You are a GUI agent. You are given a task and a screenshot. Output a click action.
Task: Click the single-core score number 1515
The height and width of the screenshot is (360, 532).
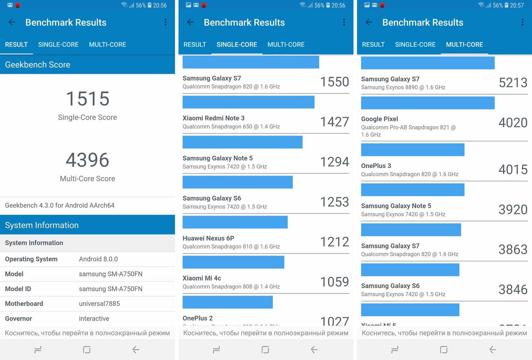click(87, 99)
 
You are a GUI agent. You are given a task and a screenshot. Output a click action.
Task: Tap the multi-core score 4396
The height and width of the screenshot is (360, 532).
click(87, 160)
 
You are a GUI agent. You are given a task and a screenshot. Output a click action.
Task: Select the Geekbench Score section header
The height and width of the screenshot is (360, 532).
click(38, 65)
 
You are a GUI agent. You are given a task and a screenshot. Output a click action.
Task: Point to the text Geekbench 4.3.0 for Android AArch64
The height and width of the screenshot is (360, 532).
click(60, 206)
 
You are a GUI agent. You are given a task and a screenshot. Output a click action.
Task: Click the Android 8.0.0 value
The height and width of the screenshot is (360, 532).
click(98, 259)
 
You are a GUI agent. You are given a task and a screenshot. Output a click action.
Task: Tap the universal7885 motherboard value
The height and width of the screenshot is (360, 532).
click(99, 304)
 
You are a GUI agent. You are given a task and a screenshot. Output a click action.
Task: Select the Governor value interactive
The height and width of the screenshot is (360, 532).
click(94, 319)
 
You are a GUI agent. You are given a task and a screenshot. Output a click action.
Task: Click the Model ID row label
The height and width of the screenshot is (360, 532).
click(18, 289)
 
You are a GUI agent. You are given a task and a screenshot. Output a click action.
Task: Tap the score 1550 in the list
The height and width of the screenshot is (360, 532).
click(335, 82)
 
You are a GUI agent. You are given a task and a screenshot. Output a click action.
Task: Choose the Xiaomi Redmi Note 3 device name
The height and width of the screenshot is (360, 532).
click(213, 118)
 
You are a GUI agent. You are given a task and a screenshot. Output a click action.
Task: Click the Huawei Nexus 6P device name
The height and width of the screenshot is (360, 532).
click(208, 238)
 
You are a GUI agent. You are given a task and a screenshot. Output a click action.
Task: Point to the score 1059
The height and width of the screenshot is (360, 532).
click(335, 282)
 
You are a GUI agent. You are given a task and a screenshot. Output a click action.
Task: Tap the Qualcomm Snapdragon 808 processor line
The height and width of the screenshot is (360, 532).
click(231, 287)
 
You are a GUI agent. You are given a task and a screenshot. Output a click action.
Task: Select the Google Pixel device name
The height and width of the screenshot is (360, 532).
click(379, 119)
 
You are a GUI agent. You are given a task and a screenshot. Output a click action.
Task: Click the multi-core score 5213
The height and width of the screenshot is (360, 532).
click(513, 83)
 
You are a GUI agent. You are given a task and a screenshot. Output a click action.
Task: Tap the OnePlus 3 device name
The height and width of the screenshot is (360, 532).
click(376, 166)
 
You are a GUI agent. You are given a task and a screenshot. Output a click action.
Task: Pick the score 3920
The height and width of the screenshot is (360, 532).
click(513, 210)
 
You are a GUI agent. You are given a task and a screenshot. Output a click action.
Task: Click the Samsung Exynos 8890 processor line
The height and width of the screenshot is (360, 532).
click(403, 88)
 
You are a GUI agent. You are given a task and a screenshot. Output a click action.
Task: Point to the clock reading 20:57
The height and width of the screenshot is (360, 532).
click(517, 5)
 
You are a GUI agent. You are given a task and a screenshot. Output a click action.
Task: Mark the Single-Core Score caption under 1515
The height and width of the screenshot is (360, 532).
click(87, 118)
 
